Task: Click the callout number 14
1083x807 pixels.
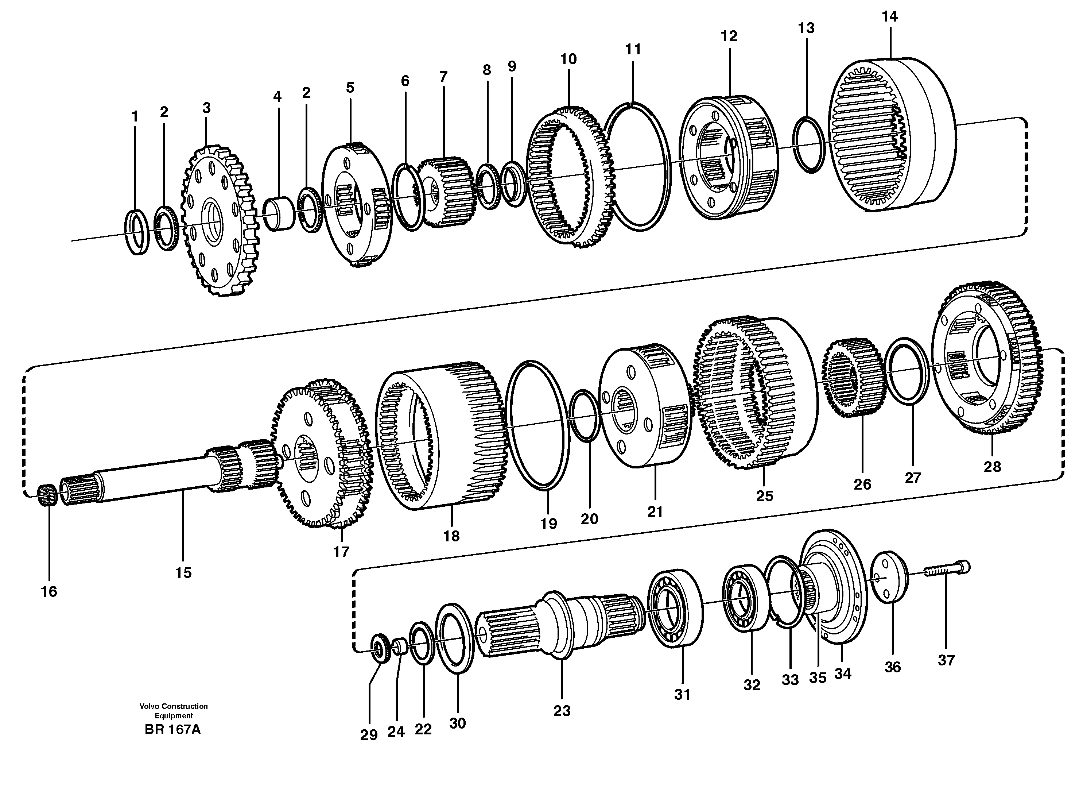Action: pos(890,17)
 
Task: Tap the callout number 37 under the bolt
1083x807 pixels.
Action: pos(946,660)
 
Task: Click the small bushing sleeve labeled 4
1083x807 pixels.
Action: pos(279,213)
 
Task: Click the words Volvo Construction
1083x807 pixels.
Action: pos(173,706)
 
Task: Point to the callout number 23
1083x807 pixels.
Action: pos(562,711)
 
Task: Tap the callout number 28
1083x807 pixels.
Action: pos(992,467)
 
